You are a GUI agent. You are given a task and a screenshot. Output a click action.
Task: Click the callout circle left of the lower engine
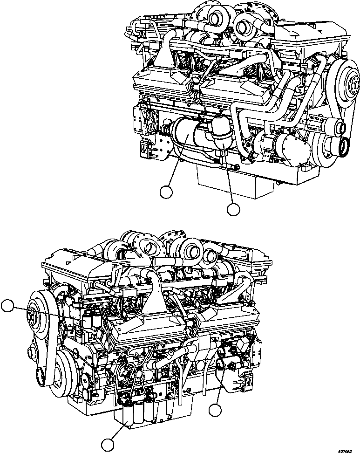(x=8, y=306)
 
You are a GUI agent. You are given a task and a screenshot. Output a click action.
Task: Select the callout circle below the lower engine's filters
(x=108, y=444)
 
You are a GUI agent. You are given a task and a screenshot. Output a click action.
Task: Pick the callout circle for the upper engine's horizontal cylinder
(x=166, y=191)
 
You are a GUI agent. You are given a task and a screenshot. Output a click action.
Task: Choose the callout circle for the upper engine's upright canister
(x=233, y=210)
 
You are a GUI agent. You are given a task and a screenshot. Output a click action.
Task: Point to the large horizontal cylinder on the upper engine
(x=186, y=135)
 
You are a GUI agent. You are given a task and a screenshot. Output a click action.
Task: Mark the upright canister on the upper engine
(x=220, y=133)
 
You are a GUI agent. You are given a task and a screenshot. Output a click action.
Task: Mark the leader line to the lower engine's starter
(x=219, y=387)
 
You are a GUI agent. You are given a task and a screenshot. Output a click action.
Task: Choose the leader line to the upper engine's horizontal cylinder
(x=177, y=163)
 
